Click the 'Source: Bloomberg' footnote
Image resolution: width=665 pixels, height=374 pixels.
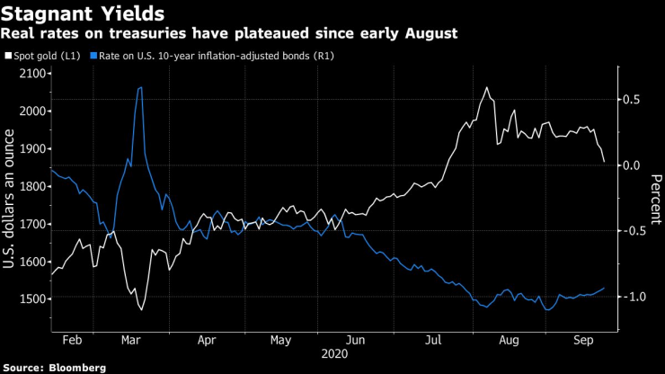point(55,367)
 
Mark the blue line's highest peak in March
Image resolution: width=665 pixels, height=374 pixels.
point(141,87)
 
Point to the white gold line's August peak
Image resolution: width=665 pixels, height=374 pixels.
point(486,88)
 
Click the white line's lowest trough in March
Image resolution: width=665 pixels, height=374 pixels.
point(142,309)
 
